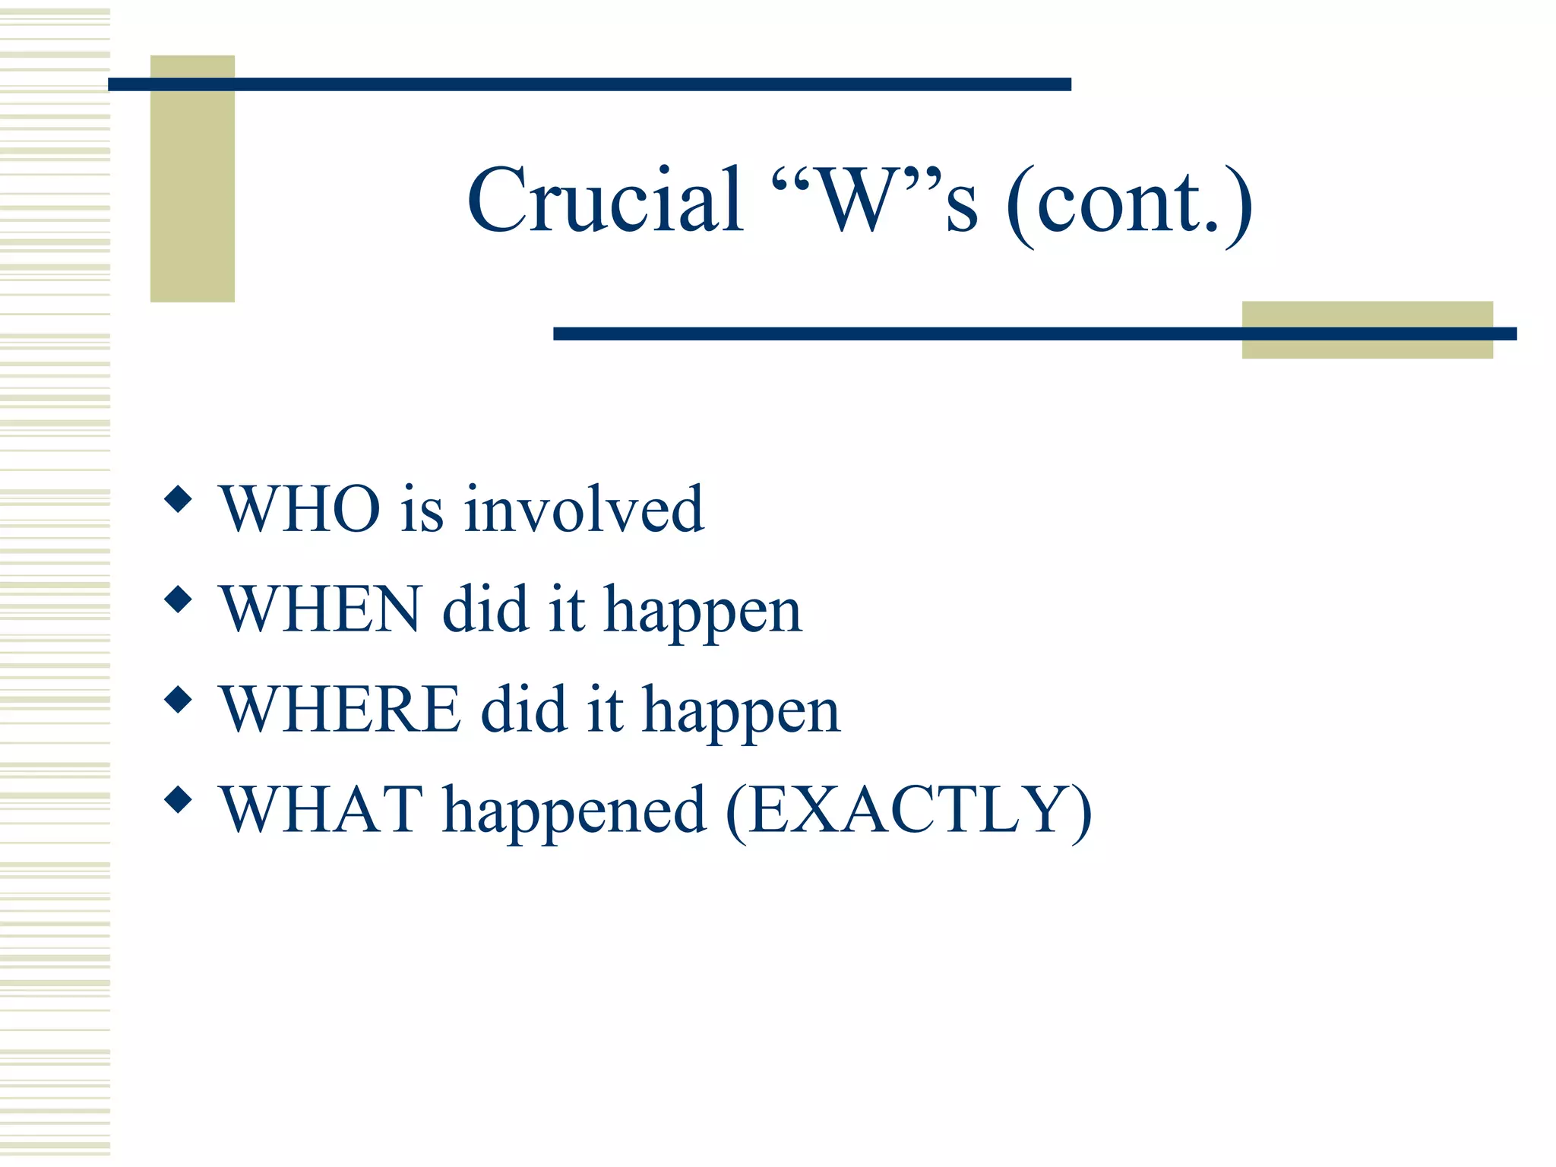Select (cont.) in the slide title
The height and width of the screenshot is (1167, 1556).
(1129, 204)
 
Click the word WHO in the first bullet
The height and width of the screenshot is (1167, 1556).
(300, 509)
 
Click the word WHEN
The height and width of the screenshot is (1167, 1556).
(320, 609)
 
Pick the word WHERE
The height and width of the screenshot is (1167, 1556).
(340, 710)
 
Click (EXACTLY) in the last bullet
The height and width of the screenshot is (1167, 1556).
(909, 811)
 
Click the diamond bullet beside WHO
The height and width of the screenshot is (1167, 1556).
(178, 500)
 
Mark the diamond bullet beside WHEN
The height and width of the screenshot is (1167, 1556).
(178, 600)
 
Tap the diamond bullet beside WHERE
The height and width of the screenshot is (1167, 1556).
(178, 700)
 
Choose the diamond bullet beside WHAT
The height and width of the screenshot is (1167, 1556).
(178, 800)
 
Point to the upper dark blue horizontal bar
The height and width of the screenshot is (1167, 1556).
(589, 84)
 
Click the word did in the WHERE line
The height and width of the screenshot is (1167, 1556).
(524, 710)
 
